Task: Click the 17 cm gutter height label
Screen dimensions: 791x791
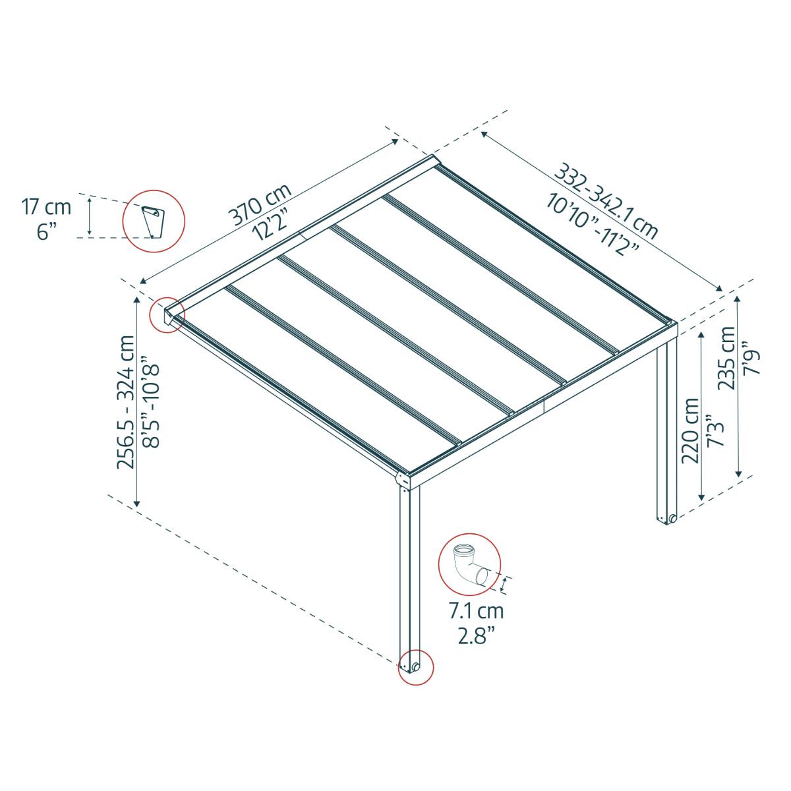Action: [46, 207]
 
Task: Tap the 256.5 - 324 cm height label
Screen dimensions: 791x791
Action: [125, 401]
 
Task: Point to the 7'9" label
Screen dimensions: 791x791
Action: [751, 357]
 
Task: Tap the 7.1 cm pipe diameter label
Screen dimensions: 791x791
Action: [476, 611]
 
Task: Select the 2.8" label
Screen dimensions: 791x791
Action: [476, 636]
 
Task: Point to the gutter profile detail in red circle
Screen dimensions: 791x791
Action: [154, 221]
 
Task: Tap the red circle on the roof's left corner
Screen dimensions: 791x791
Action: [167, 314]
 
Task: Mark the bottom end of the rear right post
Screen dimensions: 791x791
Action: [666, 518]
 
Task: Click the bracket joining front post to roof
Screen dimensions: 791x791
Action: [403, 481]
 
